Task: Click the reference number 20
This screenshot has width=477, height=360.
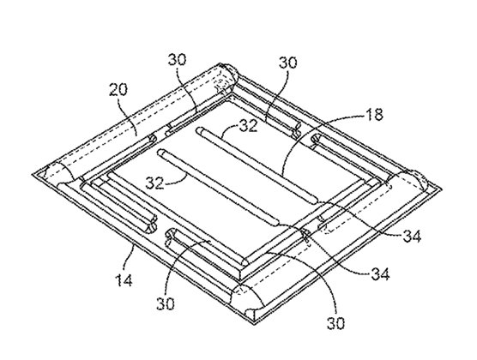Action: click(118, 89)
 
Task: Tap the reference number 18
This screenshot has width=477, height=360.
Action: click(375, 115)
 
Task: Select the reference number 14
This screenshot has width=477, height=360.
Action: click(124, 280)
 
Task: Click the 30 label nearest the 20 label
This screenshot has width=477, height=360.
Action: click(177, 60)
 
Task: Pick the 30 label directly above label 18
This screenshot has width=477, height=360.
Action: click(287, 63)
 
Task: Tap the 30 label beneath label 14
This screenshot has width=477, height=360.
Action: click(166, 303)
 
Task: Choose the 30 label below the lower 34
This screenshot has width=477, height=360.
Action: click(335, 323)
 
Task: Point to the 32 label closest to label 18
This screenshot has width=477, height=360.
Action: click(248, 126)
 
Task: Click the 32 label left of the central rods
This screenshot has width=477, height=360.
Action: click(154, 183)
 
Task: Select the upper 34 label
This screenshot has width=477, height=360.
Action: click(412, 236)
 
